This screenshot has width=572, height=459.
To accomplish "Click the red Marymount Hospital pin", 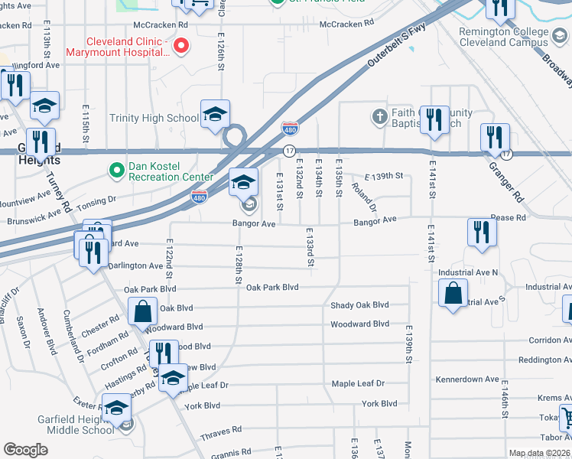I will (181, 46).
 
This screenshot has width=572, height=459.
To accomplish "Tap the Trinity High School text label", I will (154, 118).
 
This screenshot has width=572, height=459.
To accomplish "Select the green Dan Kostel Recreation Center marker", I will (116, 170).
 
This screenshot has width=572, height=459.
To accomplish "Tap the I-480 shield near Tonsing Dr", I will (199, 197).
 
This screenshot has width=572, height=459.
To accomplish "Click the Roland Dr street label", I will (363, 195).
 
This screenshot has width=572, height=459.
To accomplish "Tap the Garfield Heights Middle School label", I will (76, 425).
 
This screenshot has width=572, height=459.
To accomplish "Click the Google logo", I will (26, 450).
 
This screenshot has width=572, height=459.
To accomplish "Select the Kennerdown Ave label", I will (466, 379).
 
